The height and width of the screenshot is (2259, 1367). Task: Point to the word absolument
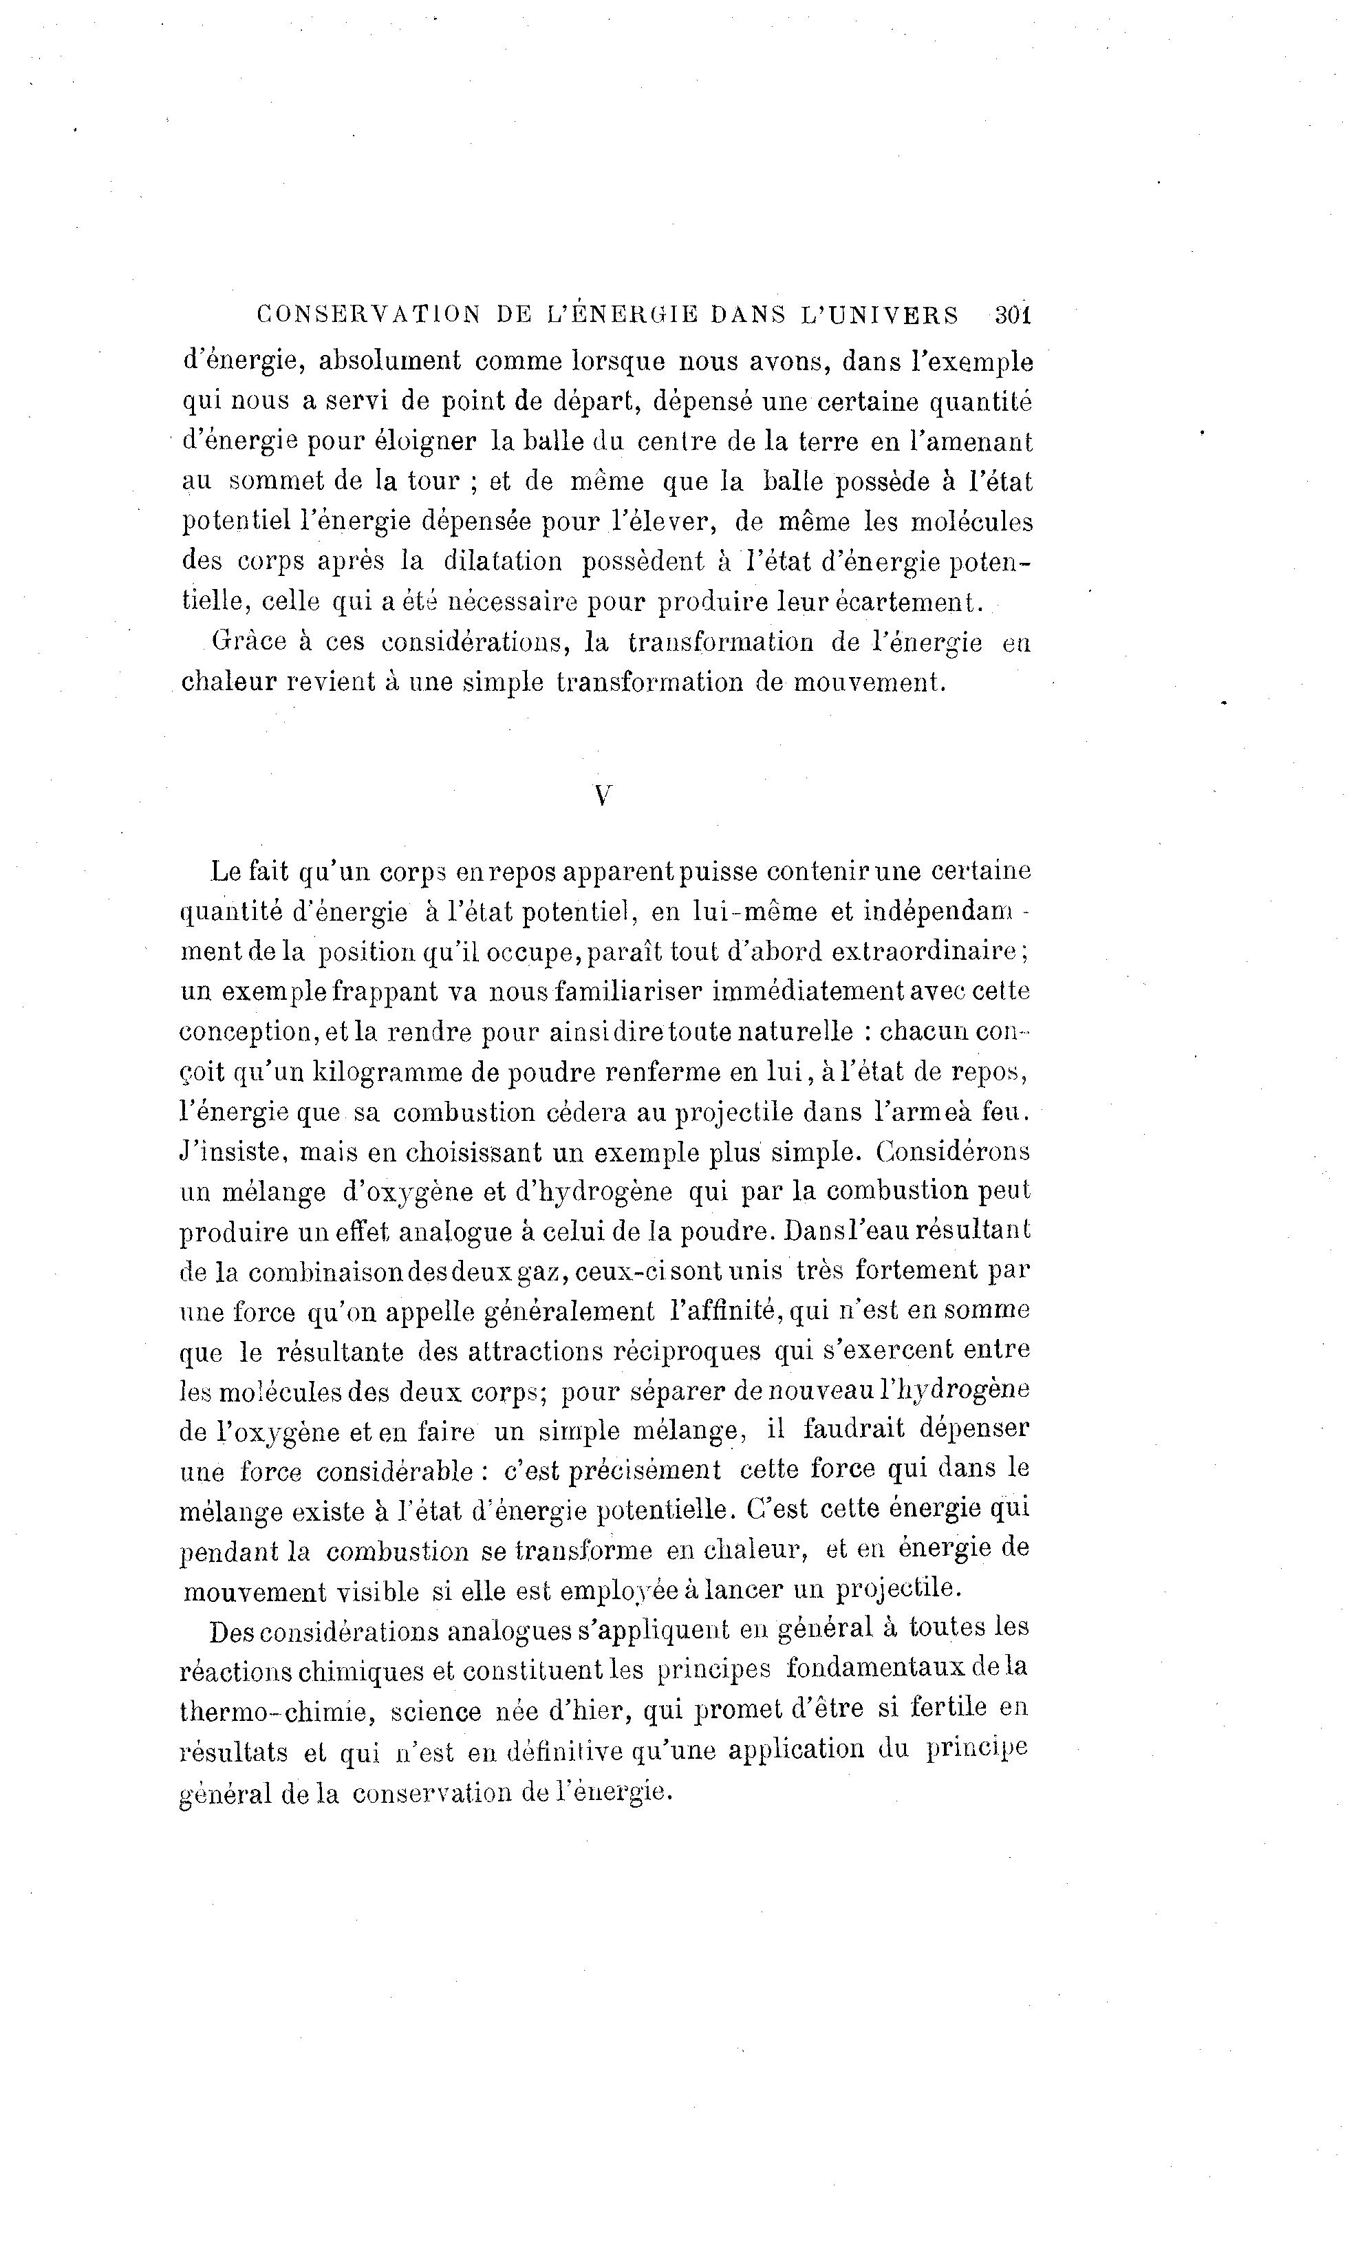[389, 361]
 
